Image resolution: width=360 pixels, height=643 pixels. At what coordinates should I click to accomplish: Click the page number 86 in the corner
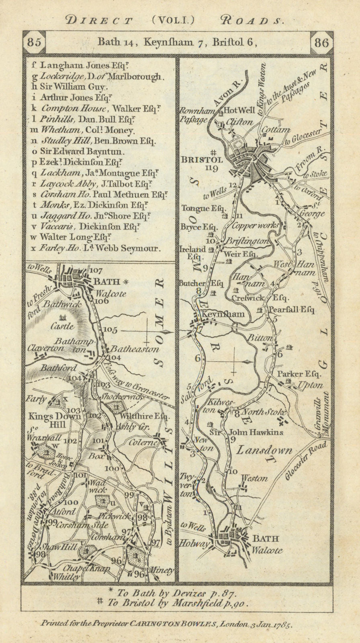321,42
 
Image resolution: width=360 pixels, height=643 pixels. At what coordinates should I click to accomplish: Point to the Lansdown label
263,451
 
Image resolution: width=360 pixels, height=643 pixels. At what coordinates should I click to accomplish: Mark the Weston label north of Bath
254,478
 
